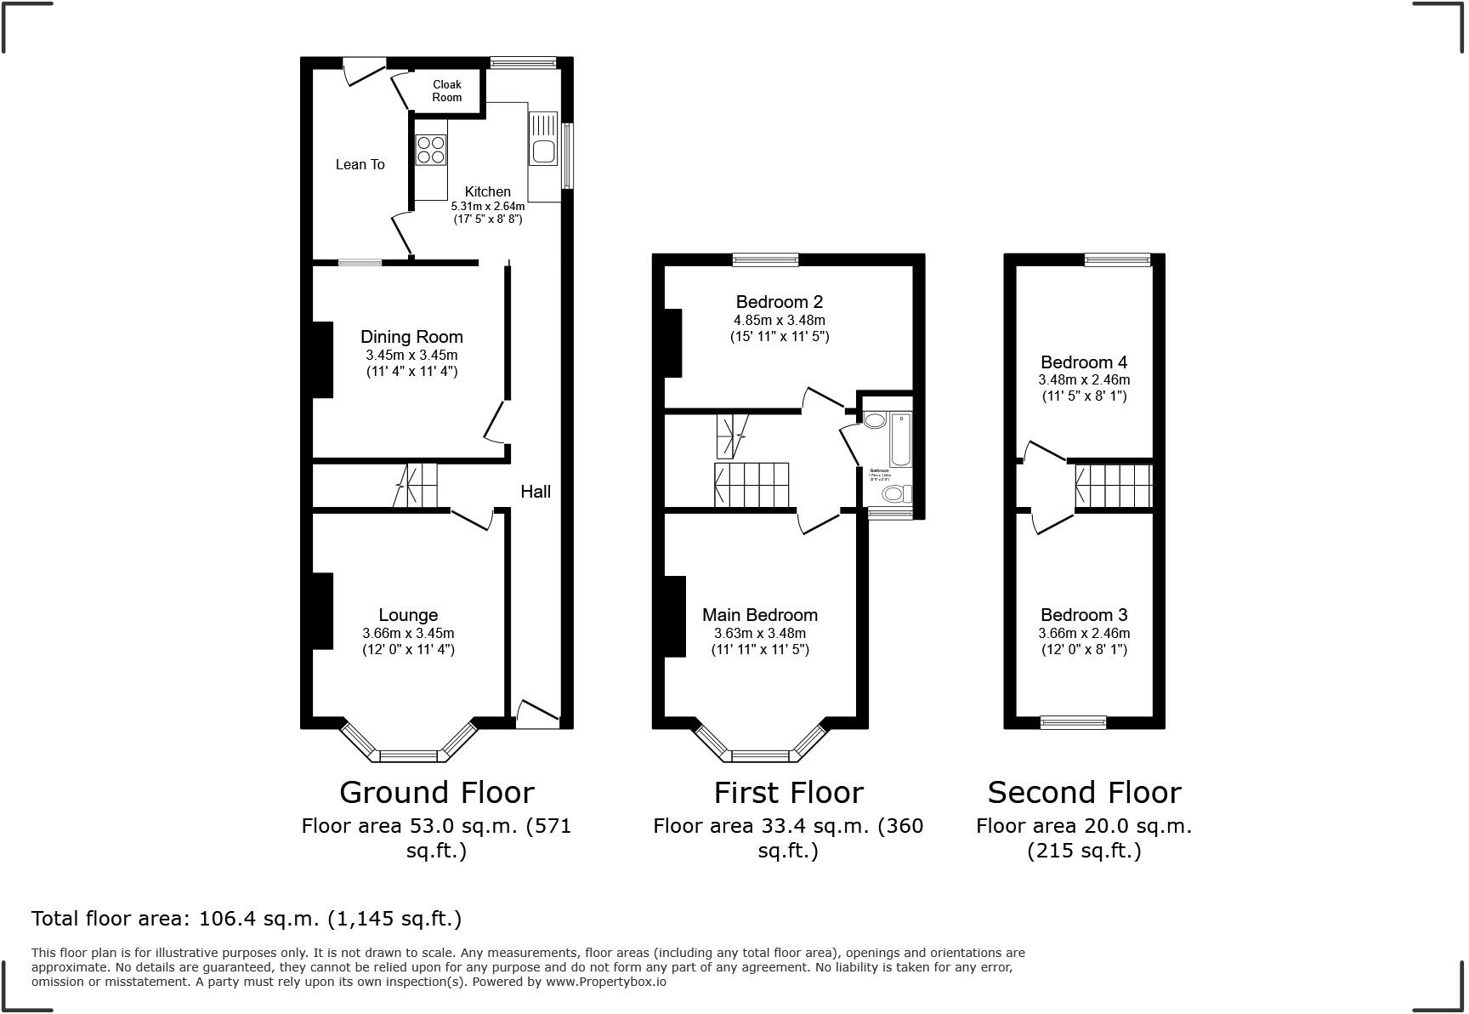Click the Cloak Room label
pos(447,91)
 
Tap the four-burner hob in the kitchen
pos(432,150)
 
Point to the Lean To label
pos(360,164)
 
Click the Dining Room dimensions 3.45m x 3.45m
pos(411,355)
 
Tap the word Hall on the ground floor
pos(536,491)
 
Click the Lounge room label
pos(408,614)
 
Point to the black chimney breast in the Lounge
pos(322,611)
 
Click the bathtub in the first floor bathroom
pos(900,439)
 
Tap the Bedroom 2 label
pos(779,301)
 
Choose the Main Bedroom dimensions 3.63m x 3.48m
pos(760,633)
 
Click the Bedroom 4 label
pos(1083,362)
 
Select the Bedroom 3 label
pos(1083,614)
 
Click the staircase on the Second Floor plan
pos(1114,486)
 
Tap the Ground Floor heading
pos(436,792)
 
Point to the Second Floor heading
pos(1084,792)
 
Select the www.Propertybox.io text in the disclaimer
pos(605,982)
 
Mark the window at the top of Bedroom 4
pos(1117,259)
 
